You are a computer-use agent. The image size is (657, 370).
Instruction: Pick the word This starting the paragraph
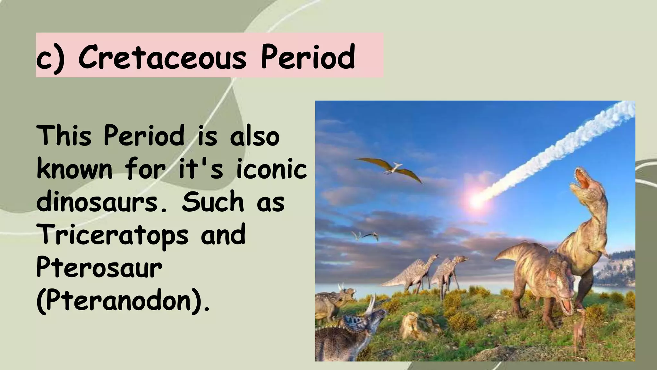(64, 136)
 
